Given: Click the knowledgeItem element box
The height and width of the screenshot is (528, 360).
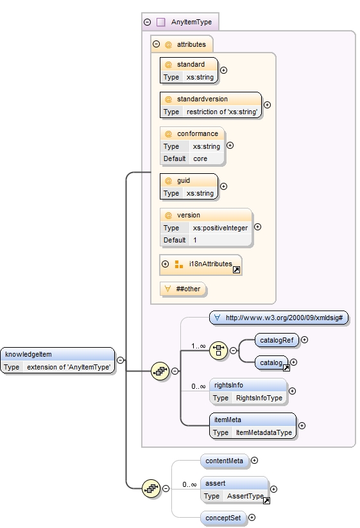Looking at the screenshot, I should click(x=58, y=361).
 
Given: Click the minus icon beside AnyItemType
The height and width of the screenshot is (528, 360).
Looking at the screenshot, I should click(x=148, y=22).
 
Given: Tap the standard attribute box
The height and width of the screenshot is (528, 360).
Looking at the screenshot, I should click(x=189, y=71).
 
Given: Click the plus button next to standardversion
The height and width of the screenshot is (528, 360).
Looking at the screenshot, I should click(x=267, y=105).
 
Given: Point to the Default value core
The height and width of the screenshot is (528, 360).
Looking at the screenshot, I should click(x=200, y=158).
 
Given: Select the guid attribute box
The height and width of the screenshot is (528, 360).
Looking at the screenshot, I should click(x=189, y=187).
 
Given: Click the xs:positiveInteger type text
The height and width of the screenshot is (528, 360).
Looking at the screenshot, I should click(x=220, y=228).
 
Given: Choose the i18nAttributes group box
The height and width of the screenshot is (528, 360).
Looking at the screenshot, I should click(x=201, y=264).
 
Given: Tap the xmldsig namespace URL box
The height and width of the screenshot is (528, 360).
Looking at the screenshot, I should click(x=279, y=318).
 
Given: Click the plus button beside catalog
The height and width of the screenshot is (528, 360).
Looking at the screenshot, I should click(x=294, y=362).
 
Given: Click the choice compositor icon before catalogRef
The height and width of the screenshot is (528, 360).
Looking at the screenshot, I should click(x=219, y=350).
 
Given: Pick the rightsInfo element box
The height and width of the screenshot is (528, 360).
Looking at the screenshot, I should click(x=248, y=391).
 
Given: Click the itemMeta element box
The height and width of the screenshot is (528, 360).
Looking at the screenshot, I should click(x=253, y=425).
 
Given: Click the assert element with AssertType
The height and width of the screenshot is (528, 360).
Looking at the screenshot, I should click(x=234, y=490).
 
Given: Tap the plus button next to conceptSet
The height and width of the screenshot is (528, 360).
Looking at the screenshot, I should click(x=252, y=517).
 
